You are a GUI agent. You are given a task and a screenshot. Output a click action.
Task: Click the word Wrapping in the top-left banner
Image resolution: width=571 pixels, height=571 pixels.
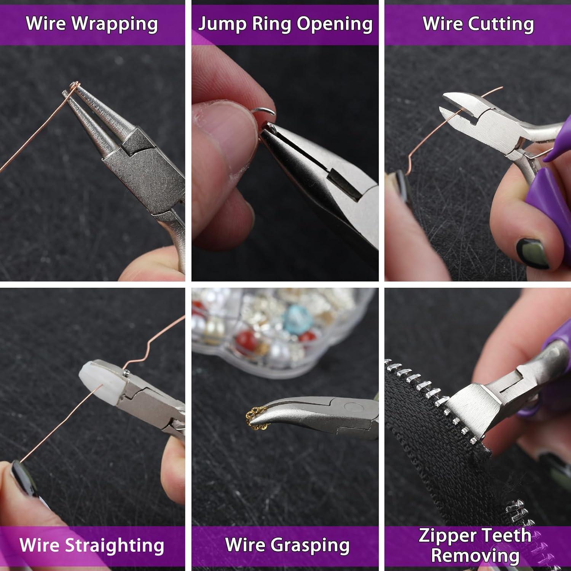tap(115, 24)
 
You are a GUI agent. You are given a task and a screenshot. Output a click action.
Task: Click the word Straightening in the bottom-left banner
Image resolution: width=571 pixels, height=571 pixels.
tap(115, 545)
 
